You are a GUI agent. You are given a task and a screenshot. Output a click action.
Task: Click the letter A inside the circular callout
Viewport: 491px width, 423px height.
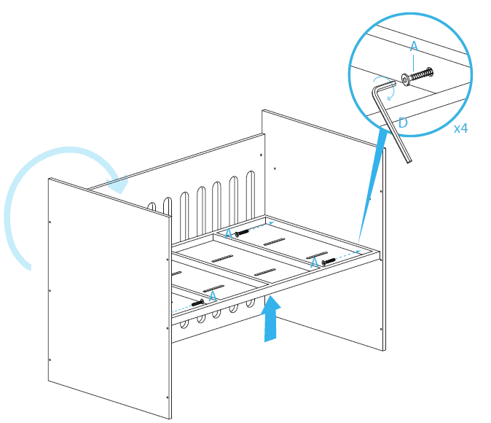click(415, 47)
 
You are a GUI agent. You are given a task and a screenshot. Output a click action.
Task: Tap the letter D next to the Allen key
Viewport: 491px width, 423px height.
click(403, 123)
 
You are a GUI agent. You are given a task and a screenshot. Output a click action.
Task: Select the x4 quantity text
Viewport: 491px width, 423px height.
click(460, 128)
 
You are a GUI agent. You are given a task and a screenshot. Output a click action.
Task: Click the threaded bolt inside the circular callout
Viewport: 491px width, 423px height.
click(420, 74)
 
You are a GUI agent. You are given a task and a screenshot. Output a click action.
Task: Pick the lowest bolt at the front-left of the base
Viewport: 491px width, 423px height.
click(198, 301)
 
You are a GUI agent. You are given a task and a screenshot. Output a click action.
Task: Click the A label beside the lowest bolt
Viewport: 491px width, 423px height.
click(213, 297)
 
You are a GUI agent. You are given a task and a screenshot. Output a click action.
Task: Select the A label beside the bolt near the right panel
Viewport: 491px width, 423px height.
click(314, 263)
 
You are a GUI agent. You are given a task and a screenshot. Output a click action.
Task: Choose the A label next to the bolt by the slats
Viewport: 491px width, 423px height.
click(228, 233)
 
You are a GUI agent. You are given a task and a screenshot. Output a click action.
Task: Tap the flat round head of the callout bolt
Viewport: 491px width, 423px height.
click(404, 79)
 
